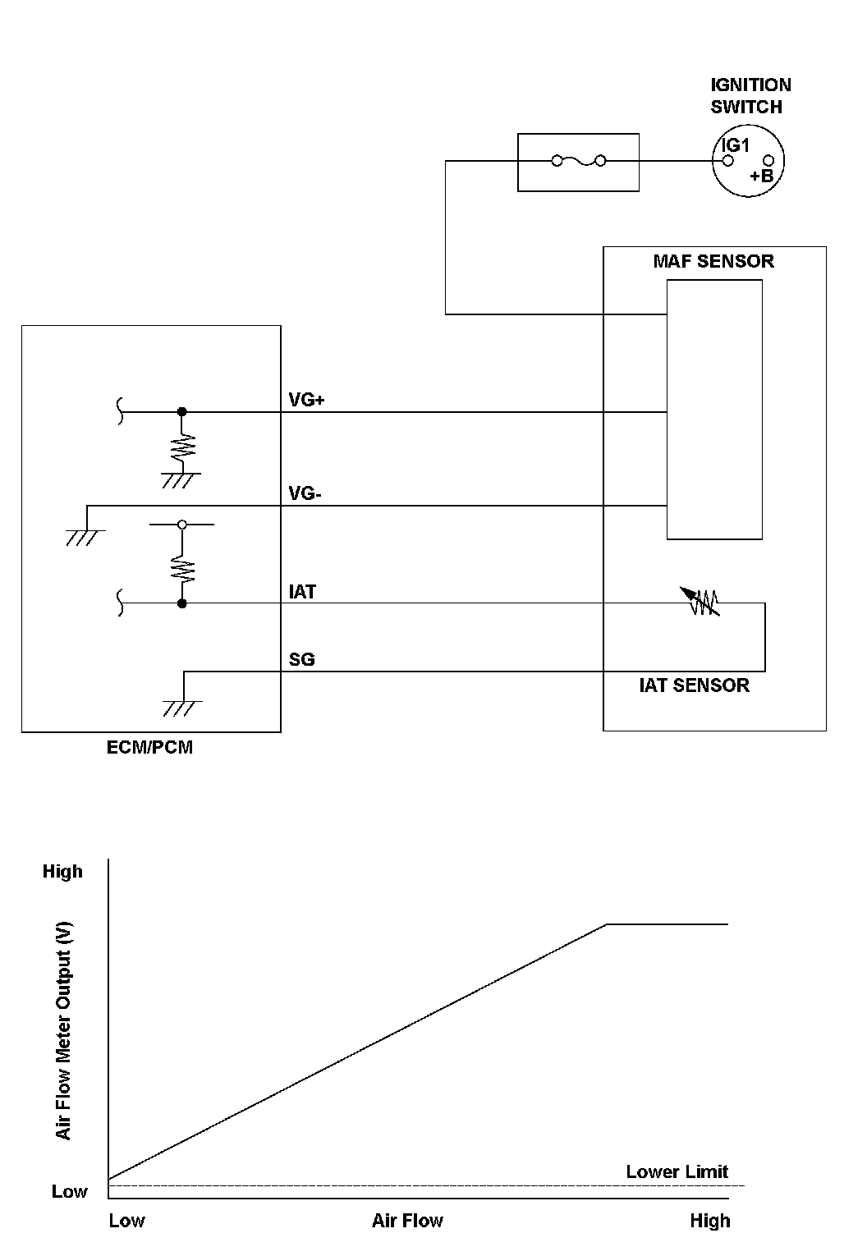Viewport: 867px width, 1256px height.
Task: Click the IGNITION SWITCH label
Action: [x=750, y=95]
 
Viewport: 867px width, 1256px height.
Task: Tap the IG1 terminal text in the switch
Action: [x=736, y=145]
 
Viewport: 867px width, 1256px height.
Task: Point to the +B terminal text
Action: [x=761, y=176]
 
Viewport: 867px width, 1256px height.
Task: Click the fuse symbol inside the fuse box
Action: [x=579, y=161]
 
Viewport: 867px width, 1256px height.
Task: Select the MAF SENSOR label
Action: [x=713, y=262]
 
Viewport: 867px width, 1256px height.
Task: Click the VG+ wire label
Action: [x=307, y=400]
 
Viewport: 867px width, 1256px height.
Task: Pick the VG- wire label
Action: [x=305, y=494]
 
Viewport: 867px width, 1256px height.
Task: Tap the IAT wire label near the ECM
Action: [x=302, y=592]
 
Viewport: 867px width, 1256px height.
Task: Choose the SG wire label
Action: [x=301, y=659]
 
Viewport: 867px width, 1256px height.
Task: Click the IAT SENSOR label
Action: [x=694, y=685]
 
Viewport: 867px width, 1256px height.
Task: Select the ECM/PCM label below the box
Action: [x=150, y=748]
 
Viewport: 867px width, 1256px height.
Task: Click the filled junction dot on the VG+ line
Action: [x=182, y=411]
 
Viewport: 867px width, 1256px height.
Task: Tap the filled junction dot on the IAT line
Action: [x=182, y=603]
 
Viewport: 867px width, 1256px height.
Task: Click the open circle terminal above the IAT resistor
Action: [x=182, y=524]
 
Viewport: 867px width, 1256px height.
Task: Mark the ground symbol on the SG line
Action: [x=182, y=707]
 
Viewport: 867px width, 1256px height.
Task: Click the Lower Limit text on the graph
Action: [x=677, y=1171]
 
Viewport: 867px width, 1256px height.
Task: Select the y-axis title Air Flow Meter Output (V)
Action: [x=64, y=1030]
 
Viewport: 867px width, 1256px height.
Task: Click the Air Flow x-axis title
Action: [x=407, y=1221]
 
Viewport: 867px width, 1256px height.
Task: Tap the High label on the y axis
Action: [x=62, y=871]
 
